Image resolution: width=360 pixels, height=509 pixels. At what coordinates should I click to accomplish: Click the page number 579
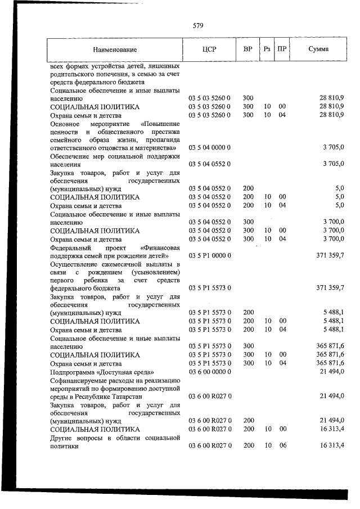197,25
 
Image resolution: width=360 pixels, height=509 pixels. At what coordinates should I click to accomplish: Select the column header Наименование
115,49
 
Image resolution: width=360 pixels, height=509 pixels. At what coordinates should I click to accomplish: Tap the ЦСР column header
209,49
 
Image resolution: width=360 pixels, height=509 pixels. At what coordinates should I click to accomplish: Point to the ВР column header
247,49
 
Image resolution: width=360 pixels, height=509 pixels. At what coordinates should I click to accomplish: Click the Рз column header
267,49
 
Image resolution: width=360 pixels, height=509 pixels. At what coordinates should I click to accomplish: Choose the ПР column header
282,49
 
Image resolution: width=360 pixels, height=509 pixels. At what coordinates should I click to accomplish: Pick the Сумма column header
319,49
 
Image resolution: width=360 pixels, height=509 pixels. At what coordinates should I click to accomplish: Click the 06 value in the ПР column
282,445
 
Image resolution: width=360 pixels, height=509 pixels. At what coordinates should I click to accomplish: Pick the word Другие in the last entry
61,438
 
